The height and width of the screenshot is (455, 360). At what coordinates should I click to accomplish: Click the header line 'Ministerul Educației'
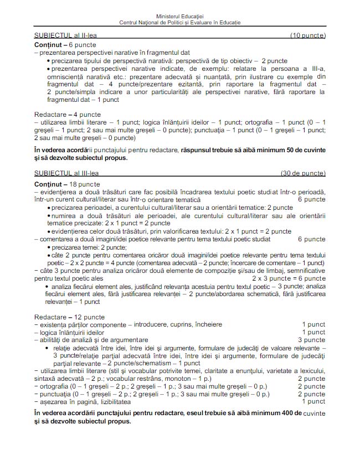pos(180,17)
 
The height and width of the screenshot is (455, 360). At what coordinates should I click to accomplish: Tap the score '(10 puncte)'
pos(308,36)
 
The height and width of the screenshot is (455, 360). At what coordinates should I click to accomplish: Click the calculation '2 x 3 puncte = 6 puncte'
pos(289,279)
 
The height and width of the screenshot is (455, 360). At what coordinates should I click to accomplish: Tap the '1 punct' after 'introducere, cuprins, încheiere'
pos(313,324)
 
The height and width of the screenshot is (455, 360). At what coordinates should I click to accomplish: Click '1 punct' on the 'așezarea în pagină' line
pos(313,401)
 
